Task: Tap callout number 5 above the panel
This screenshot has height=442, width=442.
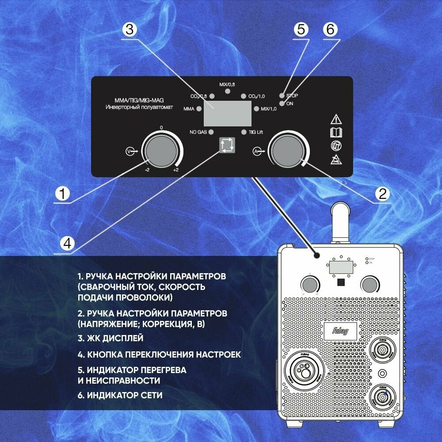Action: [x=300, y=30]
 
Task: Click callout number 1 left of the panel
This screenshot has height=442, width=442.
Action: [x=64, y=194]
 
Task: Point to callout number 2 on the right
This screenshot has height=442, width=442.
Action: [x=381, y=194]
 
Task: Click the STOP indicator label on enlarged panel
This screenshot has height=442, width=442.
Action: [x=292, y=95]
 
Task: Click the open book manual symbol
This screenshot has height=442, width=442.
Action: [x=336, y=132]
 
